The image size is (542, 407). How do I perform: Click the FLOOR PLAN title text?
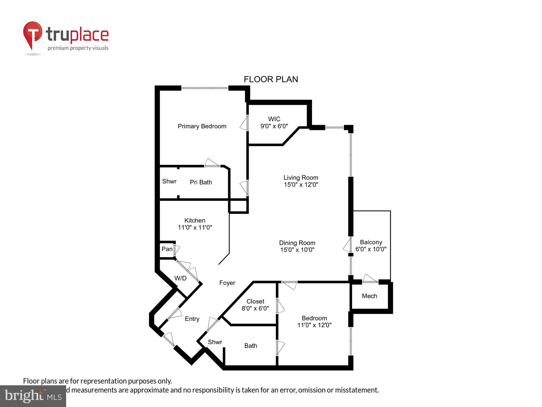tap(271, 79)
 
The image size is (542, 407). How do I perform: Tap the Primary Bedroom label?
tap(202, 126)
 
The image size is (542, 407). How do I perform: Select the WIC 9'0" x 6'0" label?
tap(274, 123)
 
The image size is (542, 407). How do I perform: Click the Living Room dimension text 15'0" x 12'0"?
tap(301, 185)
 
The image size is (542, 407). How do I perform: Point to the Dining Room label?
tap(297, 243)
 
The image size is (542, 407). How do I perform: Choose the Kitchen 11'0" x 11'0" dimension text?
tap(195, 227)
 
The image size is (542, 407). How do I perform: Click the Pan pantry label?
tap(167, 249)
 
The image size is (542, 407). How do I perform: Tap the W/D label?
tap(180, 278)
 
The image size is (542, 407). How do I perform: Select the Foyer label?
tap(227, 283)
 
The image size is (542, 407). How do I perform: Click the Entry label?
tap(192, 319)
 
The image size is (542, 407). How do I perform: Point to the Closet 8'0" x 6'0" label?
tap(255, 305)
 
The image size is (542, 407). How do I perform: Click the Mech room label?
tap(369, 296)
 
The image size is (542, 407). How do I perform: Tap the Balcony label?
tap(371, 242)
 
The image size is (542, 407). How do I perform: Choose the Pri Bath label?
tap(201, 182)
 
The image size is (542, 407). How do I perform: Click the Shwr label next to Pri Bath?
tap(169, 182)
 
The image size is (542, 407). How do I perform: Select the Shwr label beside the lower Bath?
tap(215, 342)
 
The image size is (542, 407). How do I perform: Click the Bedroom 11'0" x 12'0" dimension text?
tap(314, 325)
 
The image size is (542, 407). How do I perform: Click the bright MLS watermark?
tap(33, 396)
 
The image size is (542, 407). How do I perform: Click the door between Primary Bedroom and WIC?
tap(244, 123)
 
